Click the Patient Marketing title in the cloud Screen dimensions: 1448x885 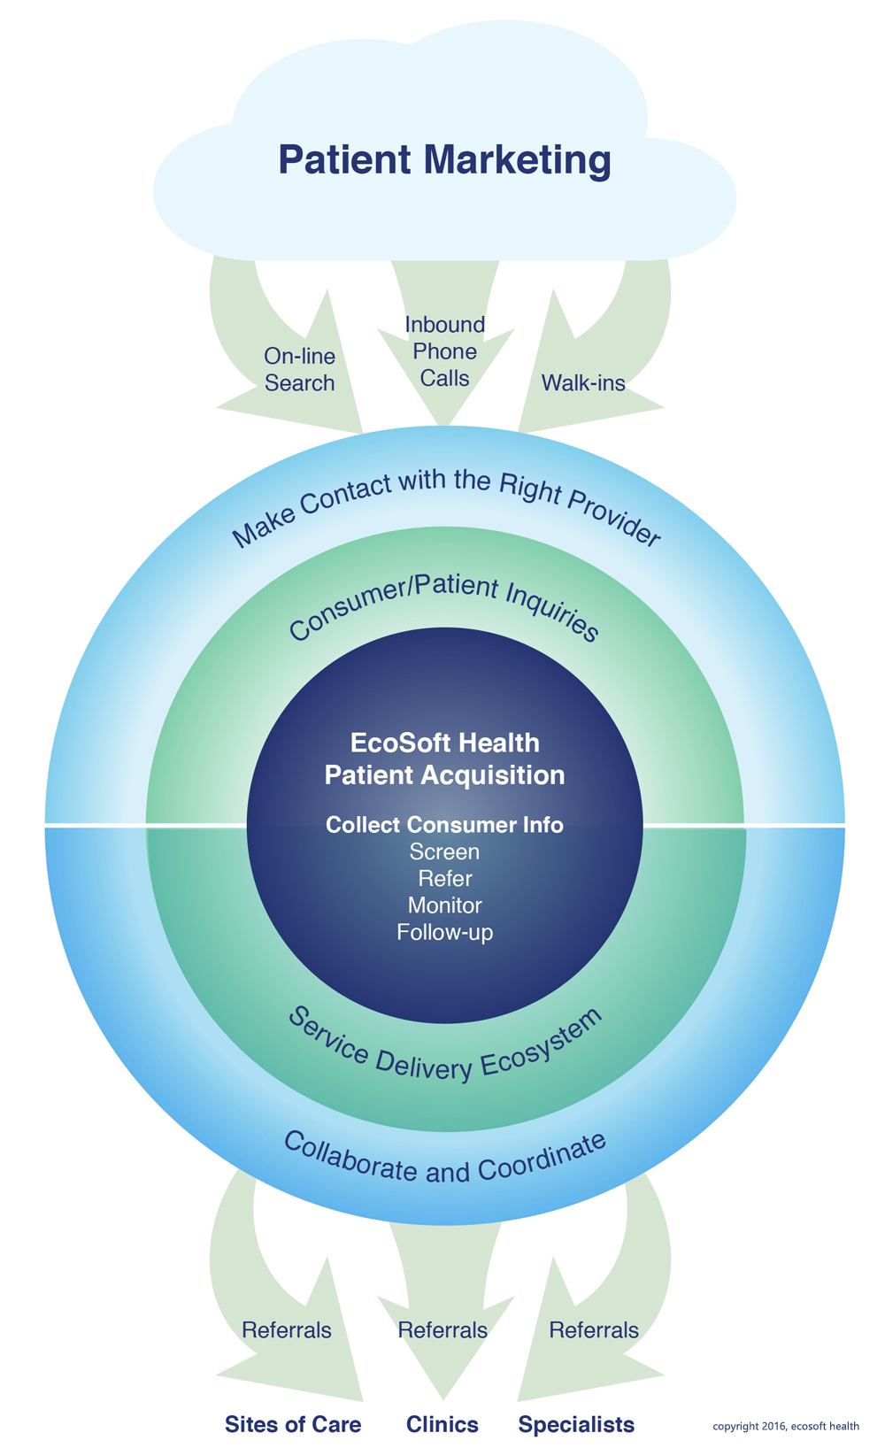pyautogui.click(x=444, y=161)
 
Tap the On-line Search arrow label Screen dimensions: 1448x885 pyautogui.click(x=299, y=370)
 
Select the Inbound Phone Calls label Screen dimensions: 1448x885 pyautogui.click(x=445, y=351)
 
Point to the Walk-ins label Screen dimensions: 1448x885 pyautogui.click(x=583, y=383)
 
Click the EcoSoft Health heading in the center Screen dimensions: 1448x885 pyautogui.click(x=444, y=742)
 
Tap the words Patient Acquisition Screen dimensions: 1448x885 pyautogui.click(x=444, y=775)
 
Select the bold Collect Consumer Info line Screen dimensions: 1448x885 pyautogui.click(x=444, y=825)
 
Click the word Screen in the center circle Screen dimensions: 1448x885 pyautogui.click(x=444, y=852)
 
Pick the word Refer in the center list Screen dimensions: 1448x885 pyautogui.click(x=444, y=879)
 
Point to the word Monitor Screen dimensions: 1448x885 pyautogui.click(x=444, y=905)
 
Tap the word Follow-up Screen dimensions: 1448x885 pyautogui.click(x=444, y=932)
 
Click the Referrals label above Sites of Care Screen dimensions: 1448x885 pyautogui.click(x=287, y=1330)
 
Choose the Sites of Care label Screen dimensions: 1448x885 pyautogui.click(x=293, y=1424)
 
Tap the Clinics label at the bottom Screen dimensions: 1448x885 pyautogui.click(x=442, y=1424)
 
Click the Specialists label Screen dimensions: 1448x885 pyautogui.click(x=576, y=1424)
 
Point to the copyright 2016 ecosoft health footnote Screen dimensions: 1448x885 pyautogui.click(x=786, y=1426)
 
